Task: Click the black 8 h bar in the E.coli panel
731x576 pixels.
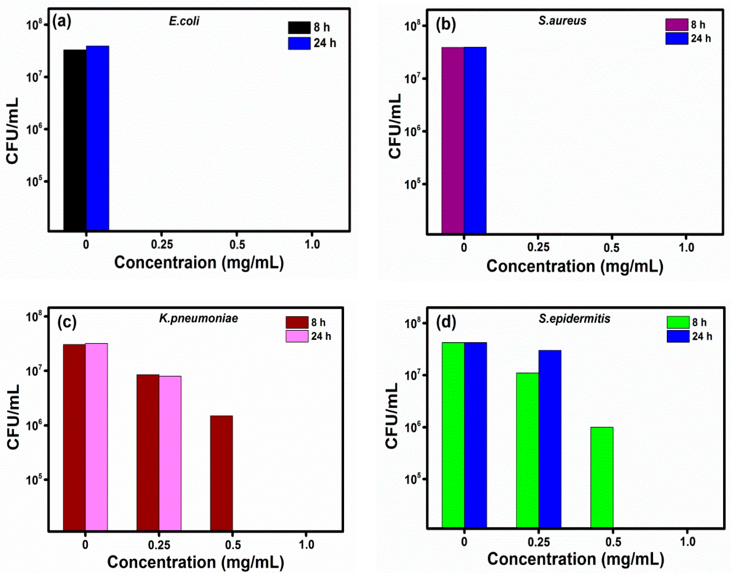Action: click(x=75, y=140)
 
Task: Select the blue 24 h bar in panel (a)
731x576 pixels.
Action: click(x=97, y=138)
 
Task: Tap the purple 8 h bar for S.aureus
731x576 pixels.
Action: click(x=452, y=140)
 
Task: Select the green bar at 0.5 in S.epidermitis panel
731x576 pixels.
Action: click(x=602, y=477)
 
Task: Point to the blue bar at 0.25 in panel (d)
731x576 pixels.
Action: click(x=550, y=438)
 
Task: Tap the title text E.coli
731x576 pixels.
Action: click(x=184, y=21)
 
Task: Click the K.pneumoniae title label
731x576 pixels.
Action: click(x=199, y=318)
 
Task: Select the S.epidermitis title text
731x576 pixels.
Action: click(x=574, y=318)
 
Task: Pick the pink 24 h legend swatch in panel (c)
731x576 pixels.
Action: click(x=297, y=336)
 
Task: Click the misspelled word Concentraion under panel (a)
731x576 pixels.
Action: click(x=165, y=262)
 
